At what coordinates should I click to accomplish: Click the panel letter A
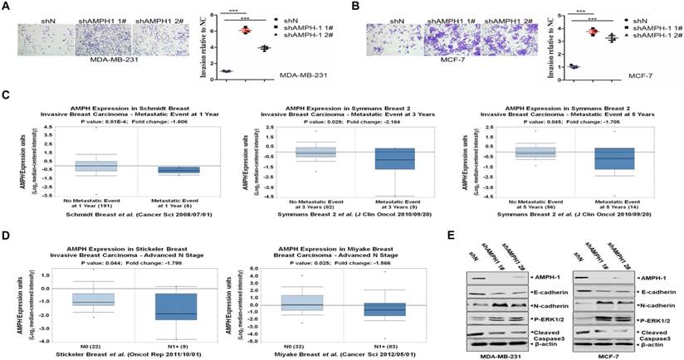[x=7, y=9]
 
